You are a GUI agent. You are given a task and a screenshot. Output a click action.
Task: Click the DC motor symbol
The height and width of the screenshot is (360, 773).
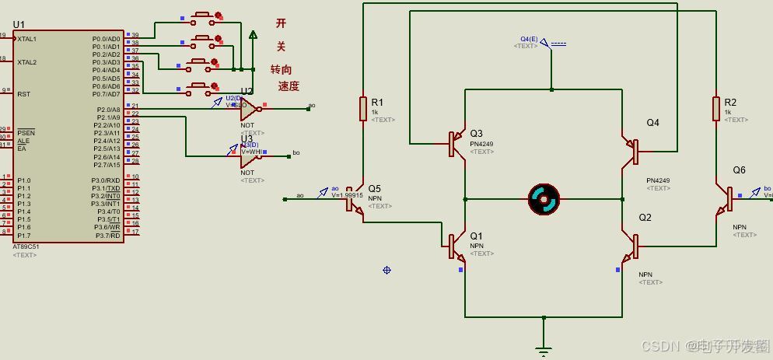(x=544, y=199)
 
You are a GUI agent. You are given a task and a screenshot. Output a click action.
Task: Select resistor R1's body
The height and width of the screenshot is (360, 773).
(x=363, y=109)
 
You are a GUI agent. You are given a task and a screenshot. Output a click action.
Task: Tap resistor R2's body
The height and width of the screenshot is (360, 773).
(x=716, y=109)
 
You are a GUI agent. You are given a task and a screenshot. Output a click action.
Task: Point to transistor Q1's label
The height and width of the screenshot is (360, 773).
(x=476, y=236)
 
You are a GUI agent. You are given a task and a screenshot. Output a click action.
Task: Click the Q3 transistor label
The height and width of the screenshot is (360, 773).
(x=476, y=134)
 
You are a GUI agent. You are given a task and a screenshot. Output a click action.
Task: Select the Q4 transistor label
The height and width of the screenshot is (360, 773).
(x=652, y=123)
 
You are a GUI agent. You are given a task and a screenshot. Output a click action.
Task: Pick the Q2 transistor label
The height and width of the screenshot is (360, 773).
(x=645, y=218)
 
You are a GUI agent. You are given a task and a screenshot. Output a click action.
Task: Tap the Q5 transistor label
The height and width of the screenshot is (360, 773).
(x=374, y=189)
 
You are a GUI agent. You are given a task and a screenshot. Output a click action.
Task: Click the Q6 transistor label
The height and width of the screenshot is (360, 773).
(x=739, y=170)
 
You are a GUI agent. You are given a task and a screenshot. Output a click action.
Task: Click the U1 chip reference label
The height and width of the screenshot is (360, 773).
(x=19, y=25)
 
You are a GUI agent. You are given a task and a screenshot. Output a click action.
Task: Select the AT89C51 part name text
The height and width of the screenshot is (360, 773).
(x=26, y=246)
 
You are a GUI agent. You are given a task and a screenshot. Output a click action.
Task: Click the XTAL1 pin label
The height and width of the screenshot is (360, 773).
(x=27, y=39)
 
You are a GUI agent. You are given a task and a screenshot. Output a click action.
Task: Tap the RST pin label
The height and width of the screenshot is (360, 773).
(x=23, y=94)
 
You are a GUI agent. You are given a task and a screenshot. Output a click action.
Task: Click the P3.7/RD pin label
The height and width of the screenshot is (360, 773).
(x=107, y=236)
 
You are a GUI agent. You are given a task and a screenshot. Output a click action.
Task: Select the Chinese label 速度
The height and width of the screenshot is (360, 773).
(x=289, y=86)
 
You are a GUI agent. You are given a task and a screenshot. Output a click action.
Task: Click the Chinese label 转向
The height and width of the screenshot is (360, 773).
(x=281, y=69)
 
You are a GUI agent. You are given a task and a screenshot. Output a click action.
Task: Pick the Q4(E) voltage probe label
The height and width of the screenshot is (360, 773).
(x=529, y=39)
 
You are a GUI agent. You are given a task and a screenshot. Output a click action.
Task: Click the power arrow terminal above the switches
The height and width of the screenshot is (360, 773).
(x=253, y=34)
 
